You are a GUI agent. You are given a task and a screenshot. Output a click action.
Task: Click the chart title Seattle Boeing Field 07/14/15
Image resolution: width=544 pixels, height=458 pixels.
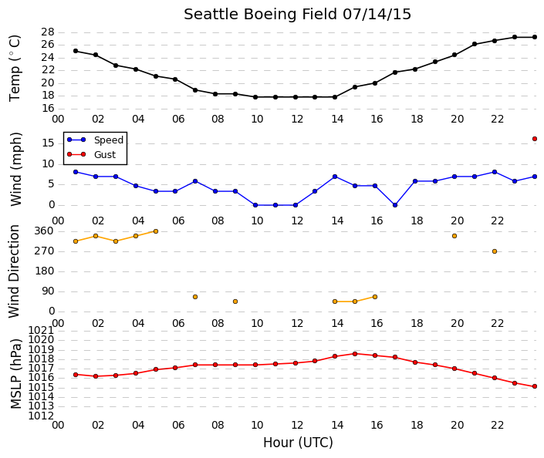(297, 15)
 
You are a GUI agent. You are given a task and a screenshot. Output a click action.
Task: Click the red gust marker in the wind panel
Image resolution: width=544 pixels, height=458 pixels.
(535, 139)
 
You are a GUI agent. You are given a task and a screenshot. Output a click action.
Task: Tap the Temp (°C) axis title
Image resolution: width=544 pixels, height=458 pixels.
(15, 69)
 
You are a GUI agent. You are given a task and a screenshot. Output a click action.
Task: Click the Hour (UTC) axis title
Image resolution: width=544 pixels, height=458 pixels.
(298, 443)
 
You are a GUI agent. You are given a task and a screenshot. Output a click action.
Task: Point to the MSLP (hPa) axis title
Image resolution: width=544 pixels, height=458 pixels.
(16, 374)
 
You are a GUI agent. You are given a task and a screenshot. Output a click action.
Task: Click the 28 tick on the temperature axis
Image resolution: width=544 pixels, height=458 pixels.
(48, 32)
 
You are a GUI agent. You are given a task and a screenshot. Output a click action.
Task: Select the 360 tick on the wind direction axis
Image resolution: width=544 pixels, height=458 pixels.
(45, 231)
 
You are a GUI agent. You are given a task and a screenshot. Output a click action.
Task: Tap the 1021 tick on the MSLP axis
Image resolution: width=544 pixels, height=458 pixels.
(42, 330)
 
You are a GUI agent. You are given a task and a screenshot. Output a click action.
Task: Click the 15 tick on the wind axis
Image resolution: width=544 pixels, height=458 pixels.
(48, 143)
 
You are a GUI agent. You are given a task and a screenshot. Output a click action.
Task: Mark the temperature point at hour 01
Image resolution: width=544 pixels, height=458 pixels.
(76, 51)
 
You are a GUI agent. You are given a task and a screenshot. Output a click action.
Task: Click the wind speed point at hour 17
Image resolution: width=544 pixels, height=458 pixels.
(395, 205)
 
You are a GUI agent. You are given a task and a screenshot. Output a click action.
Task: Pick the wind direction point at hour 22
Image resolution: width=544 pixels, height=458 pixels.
(495, 251)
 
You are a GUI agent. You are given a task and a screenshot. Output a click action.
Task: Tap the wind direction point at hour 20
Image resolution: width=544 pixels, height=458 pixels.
(454, 236)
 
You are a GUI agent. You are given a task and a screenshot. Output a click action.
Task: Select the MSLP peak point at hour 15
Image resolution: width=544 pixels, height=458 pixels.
(355, 354)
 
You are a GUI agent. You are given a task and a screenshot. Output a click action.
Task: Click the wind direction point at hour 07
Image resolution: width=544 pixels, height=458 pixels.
(195, 297)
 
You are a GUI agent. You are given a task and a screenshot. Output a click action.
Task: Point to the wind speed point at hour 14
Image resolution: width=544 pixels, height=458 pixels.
(335, 177)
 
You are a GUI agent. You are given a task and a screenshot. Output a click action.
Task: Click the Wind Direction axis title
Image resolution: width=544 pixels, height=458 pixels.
(14, 271)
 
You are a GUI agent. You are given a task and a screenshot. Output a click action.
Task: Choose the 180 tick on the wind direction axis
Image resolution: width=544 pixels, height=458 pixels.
(45, 271)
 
